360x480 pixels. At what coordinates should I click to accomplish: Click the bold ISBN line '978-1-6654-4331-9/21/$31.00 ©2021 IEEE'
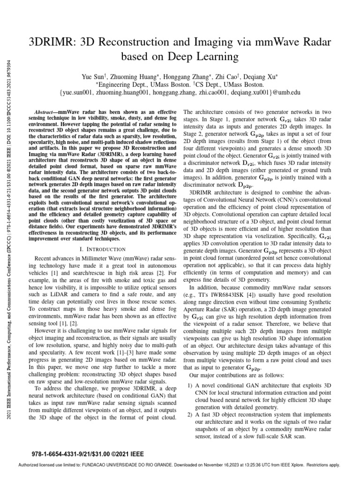point(88,454)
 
